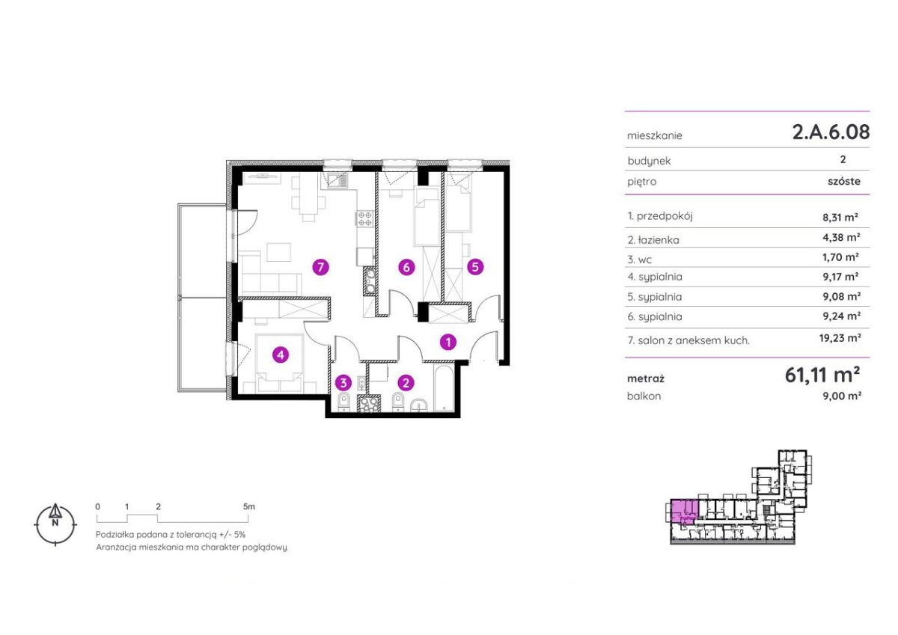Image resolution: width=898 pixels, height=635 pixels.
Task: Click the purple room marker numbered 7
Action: tap(320, 267)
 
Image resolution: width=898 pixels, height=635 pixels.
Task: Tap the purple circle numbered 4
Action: tap(281, 355)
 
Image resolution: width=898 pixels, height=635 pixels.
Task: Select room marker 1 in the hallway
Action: tap(448, 342)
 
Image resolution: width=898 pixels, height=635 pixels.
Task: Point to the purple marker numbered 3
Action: tap(343, 383)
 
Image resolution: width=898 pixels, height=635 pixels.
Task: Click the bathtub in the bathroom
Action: tap(444, 387)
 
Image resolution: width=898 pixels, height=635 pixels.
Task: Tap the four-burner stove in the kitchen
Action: tap(365, 219)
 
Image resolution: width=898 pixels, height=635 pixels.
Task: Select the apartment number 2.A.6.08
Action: tap(831, 132)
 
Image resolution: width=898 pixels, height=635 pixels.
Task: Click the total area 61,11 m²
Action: tap(822, 375)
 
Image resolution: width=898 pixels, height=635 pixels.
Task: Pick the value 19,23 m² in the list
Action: tap(840, 338)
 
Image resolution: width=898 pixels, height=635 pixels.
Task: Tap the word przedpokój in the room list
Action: tap(665, 216)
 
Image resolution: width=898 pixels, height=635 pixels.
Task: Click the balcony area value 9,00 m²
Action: tap(842, 396)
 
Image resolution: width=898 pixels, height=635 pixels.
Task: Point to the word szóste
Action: tap(844, 181)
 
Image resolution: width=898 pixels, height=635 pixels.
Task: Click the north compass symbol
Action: tap(55, 524)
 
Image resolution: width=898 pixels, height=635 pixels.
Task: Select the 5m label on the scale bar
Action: tap(248, 506)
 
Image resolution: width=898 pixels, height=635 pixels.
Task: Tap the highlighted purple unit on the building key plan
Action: tap(684, 512)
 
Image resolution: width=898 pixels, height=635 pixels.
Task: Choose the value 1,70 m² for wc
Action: tap(840, 257)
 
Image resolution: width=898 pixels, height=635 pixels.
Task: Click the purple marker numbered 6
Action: tap(406, 267)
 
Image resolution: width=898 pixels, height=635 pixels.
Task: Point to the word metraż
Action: tap(645, 378)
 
